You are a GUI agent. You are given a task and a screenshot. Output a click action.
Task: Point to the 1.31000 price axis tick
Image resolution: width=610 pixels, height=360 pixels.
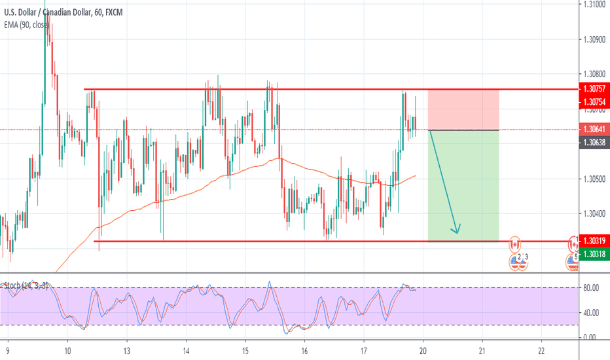(594, 5)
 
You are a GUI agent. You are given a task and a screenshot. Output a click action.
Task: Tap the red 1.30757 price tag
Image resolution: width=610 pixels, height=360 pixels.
(594, 88)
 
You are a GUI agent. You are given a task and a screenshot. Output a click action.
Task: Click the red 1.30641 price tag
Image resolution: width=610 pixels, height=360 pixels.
(594, 129)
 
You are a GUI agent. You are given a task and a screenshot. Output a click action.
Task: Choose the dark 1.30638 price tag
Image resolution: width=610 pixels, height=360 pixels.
(594, 142)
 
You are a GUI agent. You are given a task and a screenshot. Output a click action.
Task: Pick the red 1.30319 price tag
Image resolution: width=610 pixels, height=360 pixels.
(594, 241)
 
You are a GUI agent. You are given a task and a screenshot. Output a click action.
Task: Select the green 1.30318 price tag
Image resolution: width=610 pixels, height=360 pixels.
(594, 254)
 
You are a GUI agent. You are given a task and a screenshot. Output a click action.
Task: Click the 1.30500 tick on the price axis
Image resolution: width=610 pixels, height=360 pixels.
(594, 179)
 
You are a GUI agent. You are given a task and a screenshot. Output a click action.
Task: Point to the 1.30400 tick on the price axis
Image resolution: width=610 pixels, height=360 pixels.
(594, 214)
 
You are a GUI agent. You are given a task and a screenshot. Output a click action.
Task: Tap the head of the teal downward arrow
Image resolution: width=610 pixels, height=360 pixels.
(457, 230)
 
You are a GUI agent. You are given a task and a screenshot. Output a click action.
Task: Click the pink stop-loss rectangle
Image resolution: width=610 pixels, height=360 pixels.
(463, 109)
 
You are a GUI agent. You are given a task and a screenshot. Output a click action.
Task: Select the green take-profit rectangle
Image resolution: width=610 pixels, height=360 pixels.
(463, 186)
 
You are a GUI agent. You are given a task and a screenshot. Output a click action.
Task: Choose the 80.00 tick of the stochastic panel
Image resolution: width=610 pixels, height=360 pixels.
(592, 287)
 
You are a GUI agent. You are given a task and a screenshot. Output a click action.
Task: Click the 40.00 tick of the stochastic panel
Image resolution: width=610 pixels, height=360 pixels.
(592, 312)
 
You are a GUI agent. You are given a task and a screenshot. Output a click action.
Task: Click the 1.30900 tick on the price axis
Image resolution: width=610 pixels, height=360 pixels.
(594, 40)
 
